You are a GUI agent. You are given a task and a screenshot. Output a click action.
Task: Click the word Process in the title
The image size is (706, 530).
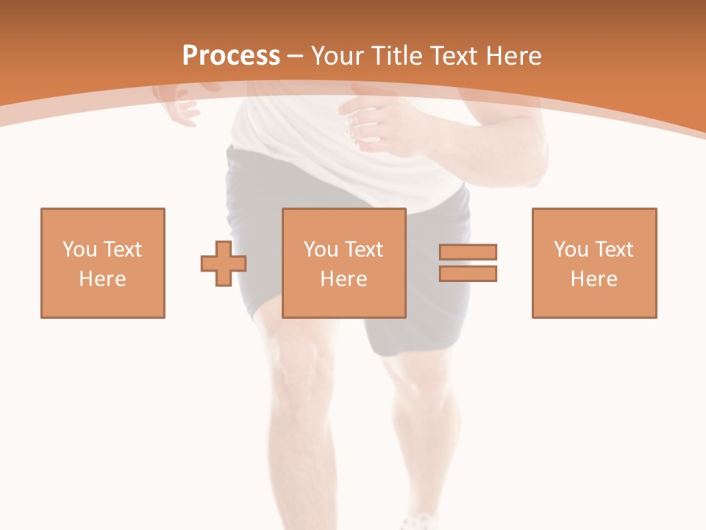[x=231, y=55]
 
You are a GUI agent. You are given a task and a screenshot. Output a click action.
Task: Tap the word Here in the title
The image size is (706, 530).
[x=513, y=55]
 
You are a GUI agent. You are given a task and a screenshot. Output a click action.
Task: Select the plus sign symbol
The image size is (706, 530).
[x=224, y=264]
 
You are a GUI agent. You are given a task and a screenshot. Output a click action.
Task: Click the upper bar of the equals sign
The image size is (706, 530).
[x=468, y=252]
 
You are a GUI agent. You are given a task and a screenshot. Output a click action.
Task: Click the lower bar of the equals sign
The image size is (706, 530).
[x=468, y=274]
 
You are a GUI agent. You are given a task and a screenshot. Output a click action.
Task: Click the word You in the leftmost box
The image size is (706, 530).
[x=79, y=250]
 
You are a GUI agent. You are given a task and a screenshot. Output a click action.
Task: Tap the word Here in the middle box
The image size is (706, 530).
[x=344, y=279]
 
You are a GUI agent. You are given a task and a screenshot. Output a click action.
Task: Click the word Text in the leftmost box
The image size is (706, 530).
[x=122, y=250]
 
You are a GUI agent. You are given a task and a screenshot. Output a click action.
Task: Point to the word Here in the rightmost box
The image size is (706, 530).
[x=594, y=279]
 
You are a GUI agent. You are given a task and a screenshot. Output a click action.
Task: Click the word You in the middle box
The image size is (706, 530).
[x=321, y=250]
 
